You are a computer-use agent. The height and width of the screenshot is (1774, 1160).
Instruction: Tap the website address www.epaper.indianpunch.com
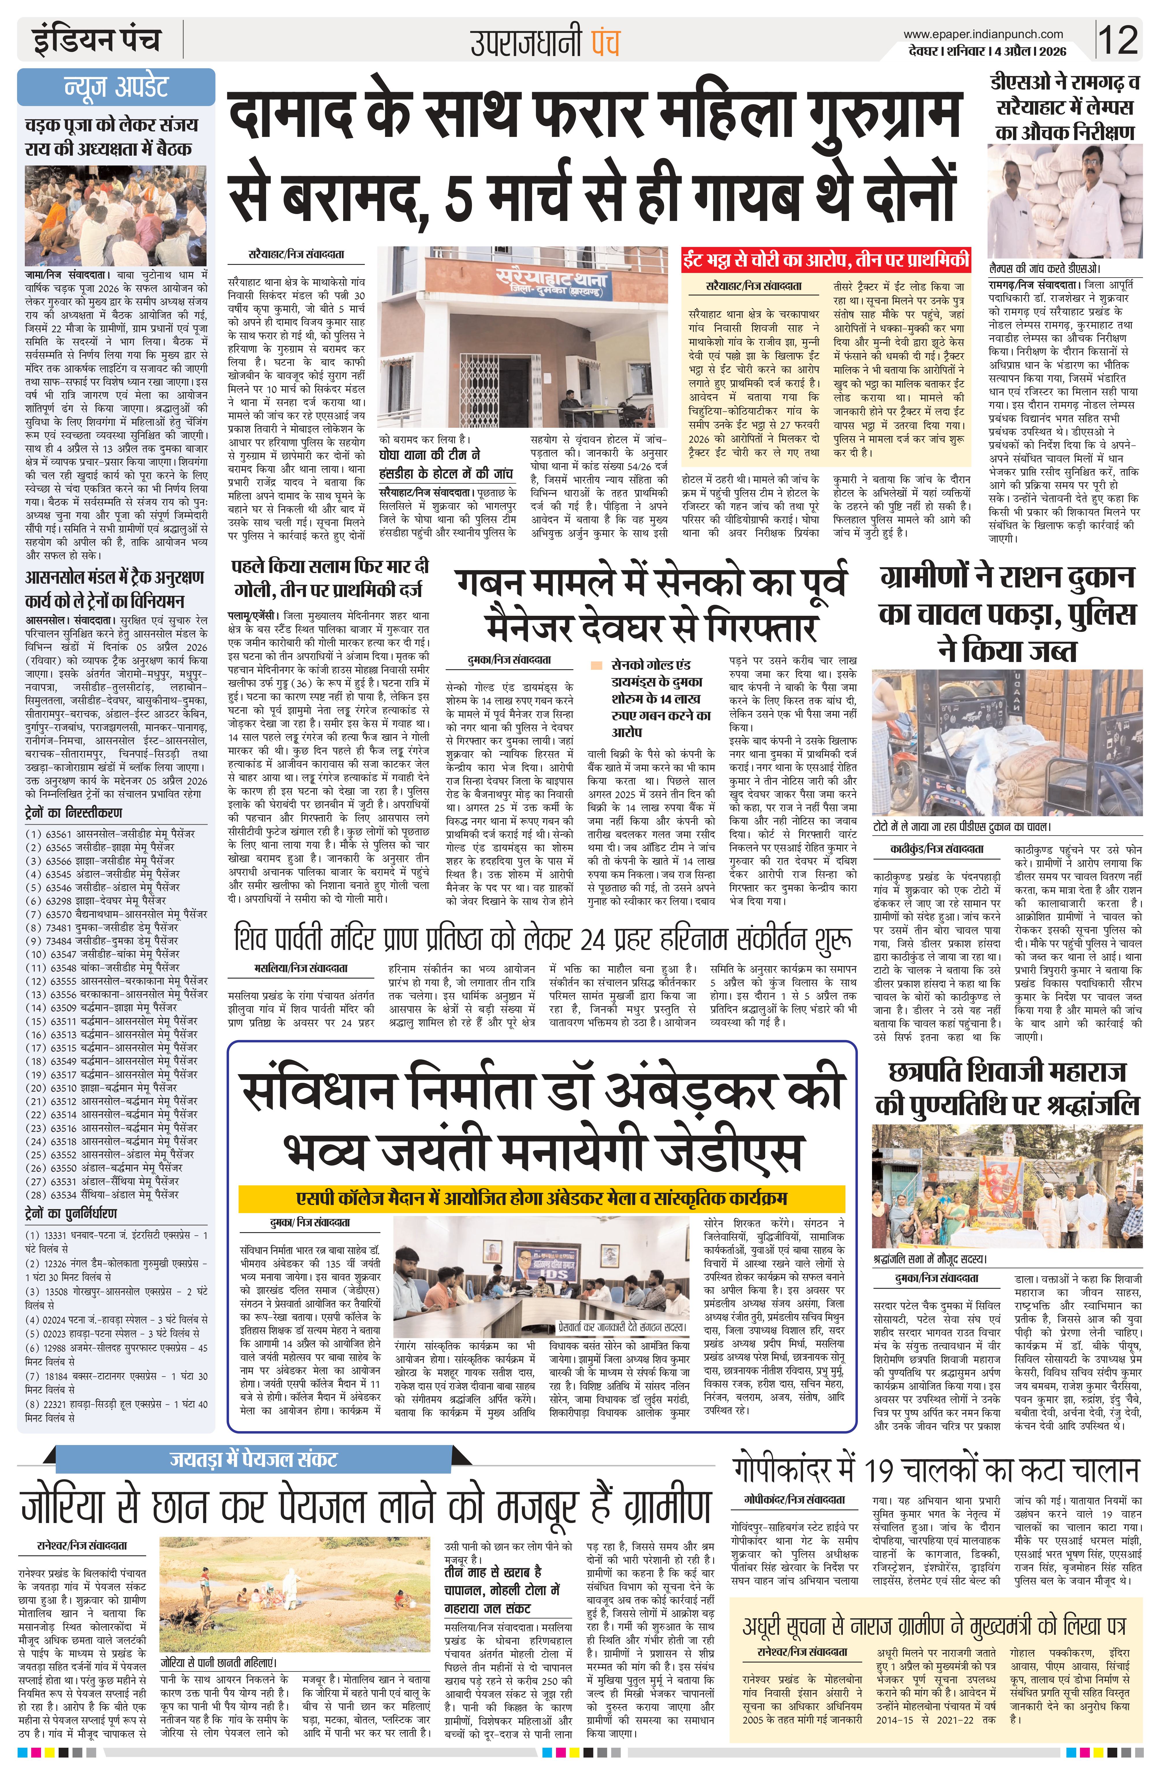click(983, 34)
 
